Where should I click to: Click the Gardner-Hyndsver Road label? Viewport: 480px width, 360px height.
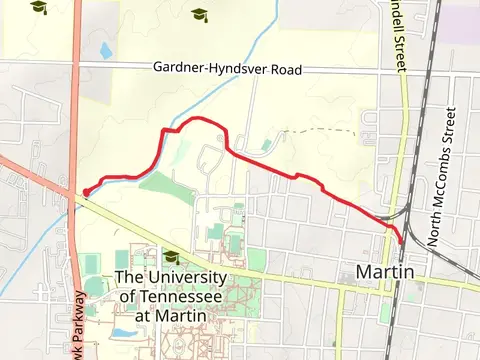coord(227,69)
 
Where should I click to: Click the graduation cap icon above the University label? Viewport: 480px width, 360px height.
coord(171,256)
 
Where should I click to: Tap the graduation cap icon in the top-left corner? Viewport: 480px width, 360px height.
coord(38,7)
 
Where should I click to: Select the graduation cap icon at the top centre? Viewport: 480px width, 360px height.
coord(198,14)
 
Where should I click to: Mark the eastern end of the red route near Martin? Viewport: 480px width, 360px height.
coord(402,241)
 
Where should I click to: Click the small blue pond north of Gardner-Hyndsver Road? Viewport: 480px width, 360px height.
coord(105,49)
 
